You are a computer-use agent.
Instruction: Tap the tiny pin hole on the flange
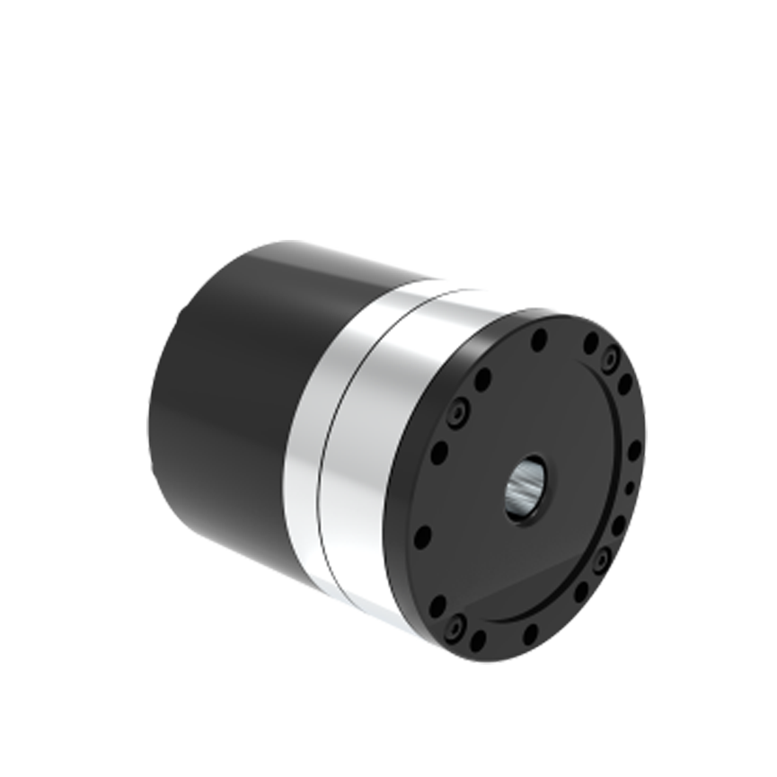pyautogui.click(x=630, y=487)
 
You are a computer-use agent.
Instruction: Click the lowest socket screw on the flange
pyautogui.click(x=459, y=623)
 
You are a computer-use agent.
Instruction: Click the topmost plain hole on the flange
pyautogui.click(x=540, y=340)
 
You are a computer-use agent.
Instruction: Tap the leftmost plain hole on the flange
pyautogui.click(x=422, y=537)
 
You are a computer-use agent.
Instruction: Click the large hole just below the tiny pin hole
pyautogui.click(x=619, y=525)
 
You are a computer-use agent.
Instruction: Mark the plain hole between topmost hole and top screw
pyautogui.click(x=590, y=343)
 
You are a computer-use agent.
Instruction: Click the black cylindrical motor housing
pyautogui.click(x=225, y=404)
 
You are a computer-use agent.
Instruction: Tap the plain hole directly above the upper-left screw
pyautogui.click(x=482, y=378)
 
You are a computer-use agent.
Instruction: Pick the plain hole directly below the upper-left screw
pyautogui.click(x=439, y=453)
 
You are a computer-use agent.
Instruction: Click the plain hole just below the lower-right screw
pyautogui.click(x=581, y=592)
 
